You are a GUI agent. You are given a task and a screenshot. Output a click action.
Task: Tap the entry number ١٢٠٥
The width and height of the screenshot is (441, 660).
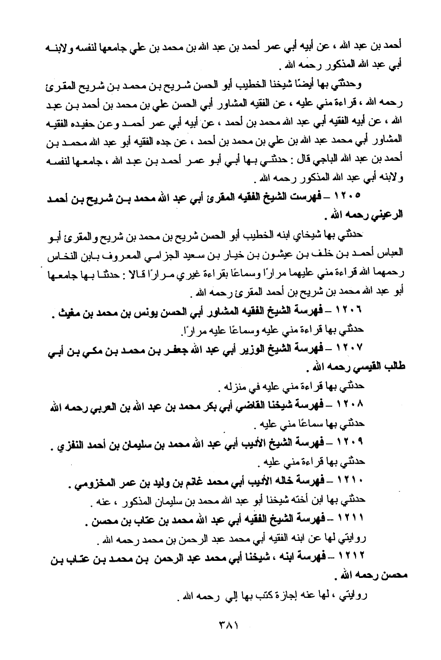tap(349, 195)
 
